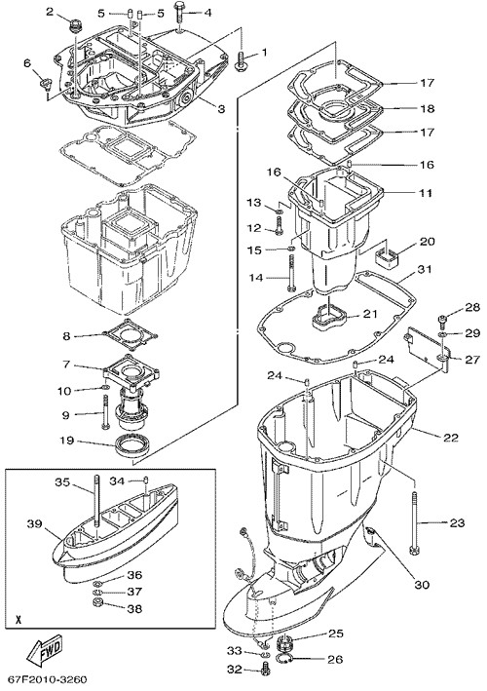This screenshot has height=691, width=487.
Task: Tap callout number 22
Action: click(x=450, y=438)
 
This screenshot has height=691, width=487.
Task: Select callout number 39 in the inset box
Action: click(x=34, y=524)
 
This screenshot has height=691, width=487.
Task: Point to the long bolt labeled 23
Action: click(x=415, y=523)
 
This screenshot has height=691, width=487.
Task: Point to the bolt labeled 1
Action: click(x=242, y=60)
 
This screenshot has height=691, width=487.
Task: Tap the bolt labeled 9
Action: click(x=105, y=411)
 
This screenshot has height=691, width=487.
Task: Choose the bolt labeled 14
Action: click(x=291, y=273)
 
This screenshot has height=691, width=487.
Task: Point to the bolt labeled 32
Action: click(x=265, y=668)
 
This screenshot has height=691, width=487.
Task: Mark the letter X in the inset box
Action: click(x=19, y=619)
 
